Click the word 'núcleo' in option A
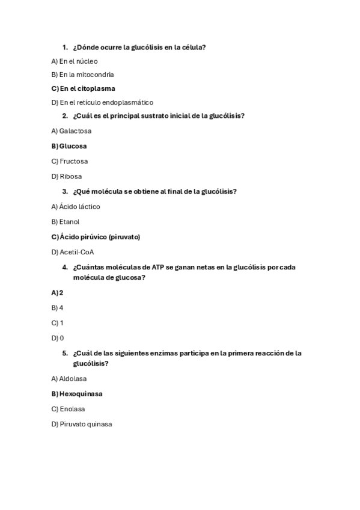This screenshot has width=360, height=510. coord(87,61)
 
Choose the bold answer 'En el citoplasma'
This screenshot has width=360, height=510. coord(87,88)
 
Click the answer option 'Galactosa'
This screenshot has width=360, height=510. coord(75,131)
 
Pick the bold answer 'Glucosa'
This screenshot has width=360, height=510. coord(73,146)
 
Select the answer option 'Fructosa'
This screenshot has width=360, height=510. coord(73,161)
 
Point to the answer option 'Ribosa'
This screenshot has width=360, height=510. coord(70,176)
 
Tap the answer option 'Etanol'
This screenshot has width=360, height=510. coord(69,221)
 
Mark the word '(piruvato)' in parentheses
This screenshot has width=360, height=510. coord(124,237)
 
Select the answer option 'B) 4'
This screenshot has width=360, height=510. coord(58,307)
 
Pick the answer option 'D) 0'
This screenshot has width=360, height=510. coord(58,338)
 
